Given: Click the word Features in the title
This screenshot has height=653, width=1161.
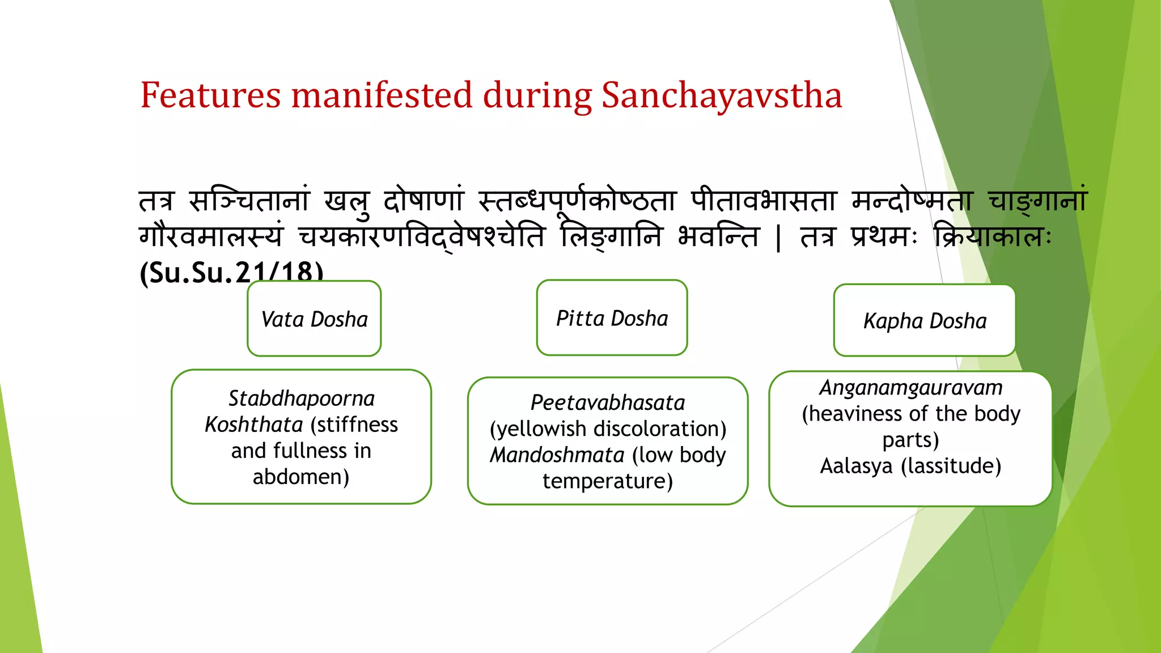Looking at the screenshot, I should (x=210, y=95).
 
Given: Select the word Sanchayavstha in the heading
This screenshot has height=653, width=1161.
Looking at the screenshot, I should (x=721, y=95).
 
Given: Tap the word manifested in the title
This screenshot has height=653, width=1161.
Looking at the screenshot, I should (x=381, y=95).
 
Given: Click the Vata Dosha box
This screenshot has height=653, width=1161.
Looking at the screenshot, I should (x=314, y=319).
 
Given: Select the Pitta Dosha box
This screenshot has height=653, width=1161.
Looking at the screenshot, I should (x=612, y=318).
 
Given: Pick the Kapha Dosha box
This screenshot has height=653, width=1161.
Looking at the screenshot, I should (x=924, y=321).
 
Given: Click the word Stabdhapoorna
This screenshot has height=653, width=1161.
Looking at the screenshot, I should (x=301, y=398).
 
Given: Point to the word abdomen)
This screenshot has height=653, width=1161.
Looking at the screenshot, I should (x=301, y=477).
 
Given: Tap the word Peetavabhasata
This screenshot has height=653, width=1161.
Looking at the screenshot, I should (x=608, y=402).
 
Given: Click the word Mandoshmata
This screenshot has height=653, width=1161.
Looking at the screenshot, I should (x=557, y=455).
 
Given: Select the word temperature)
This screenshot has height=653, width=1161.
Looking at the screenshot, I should (x=608, y=481).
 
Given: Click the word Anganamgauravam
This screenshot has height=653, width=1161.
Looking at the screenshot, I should (x=910, y=388).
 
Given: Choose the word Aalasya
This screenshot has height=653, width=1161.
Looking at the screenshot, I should (x=856, y=466).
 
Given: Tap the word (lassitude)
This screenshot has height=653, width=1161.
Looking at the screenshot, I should (x=951, y=466).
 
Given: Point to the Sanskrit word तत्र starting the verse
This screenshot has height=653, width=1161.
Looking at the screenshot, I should (x=156, y=201).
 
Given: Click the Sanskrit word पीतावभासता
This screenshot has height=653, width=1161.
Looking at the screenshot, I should (x=764, y=201).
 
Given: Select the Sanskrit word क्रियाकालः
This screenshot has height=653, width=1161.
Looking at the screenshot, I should (x=992, y=236).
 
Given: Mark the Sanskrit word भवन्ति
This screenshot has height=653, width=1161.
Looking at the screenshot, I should (x=718, y=236).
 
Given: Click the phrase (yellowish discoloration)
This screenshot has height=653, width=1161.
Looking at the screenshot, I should (x=608, y=429).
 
